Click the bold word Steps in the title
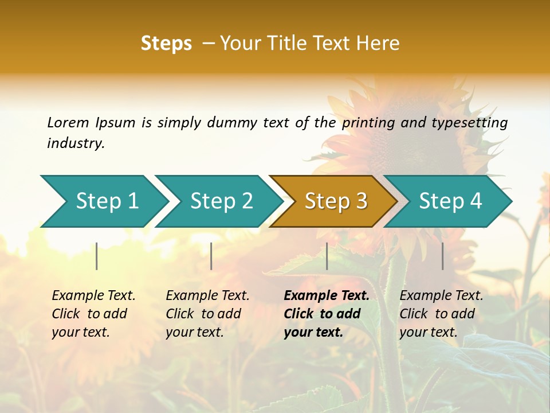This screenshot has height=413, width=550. point(166,43)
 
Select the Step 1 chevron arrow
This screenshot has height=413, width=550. point(103,201)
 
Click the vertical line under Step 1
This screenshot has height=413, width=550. point(97,256)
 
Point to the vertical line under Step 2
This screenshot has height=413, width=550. point(211,256)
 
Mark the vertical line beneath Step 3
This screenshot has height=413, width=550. point(327,256)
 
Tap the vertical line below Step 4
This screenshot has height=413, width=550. point(443,256)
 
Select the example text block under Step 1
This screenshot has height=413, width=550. point(93,314)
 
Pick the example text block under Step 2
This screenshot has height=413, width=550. point(207,314)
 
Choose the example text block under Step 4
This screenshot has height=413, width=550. point(441,314)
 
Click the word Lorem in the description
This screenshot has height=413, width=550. point(68,122)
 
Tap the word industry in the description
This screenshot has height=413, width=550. point(76,143)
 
